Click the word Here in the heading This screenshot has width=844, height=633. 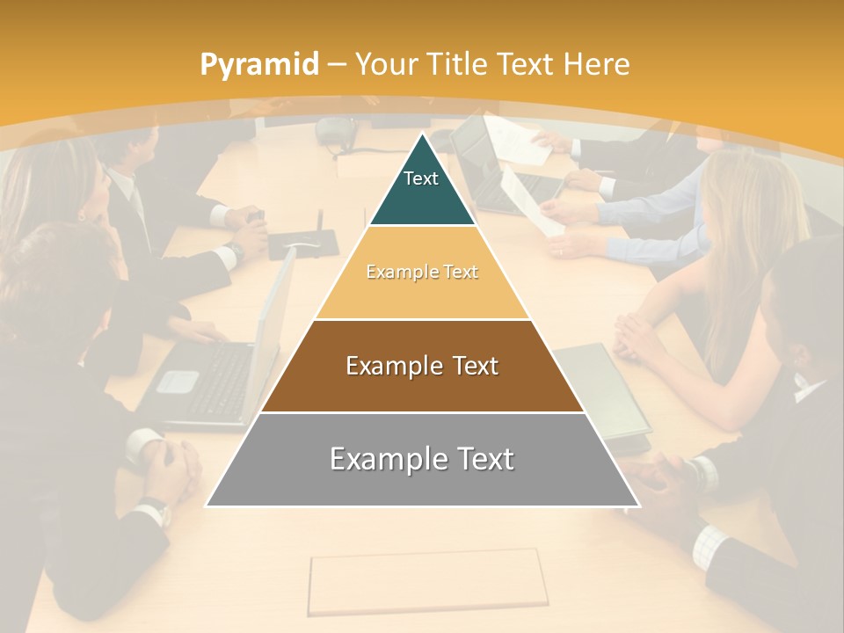point(597,64)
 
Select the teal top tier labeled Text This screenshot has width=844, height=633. point(421,189)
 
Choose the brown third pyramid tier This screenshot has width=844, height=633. point(422,366)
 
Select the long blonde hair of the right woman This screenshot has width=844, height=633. point(747,229)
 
